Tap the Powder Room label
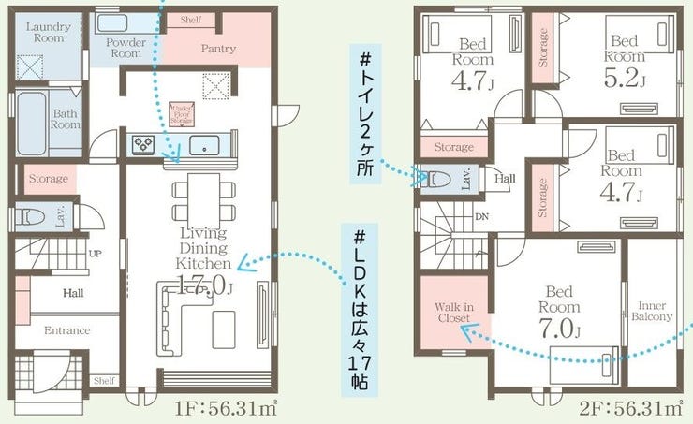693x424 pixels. pos(124,48)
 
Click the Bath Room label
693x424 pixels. pos(66,119)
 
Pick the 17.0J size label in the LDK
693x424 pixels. pos(200,286)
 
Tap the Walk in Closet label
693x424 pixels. pos(454,313)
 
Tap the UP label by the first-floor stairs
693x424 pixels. pos(96,254)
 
